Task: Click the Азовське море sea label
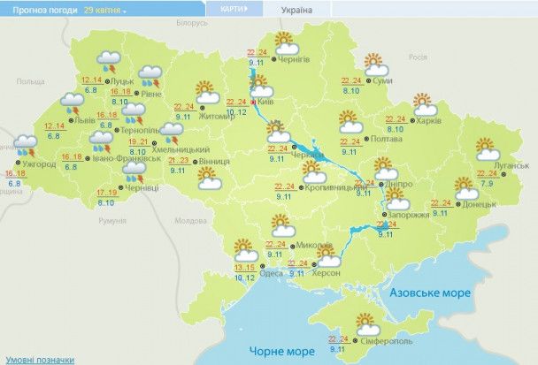428,291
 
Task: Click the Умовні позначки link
35,359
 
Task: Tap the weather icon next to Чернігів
284,42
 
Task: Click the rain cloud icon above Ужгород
24,144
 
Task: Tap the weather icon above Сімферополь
365,323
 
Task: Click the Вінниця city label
215,163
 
